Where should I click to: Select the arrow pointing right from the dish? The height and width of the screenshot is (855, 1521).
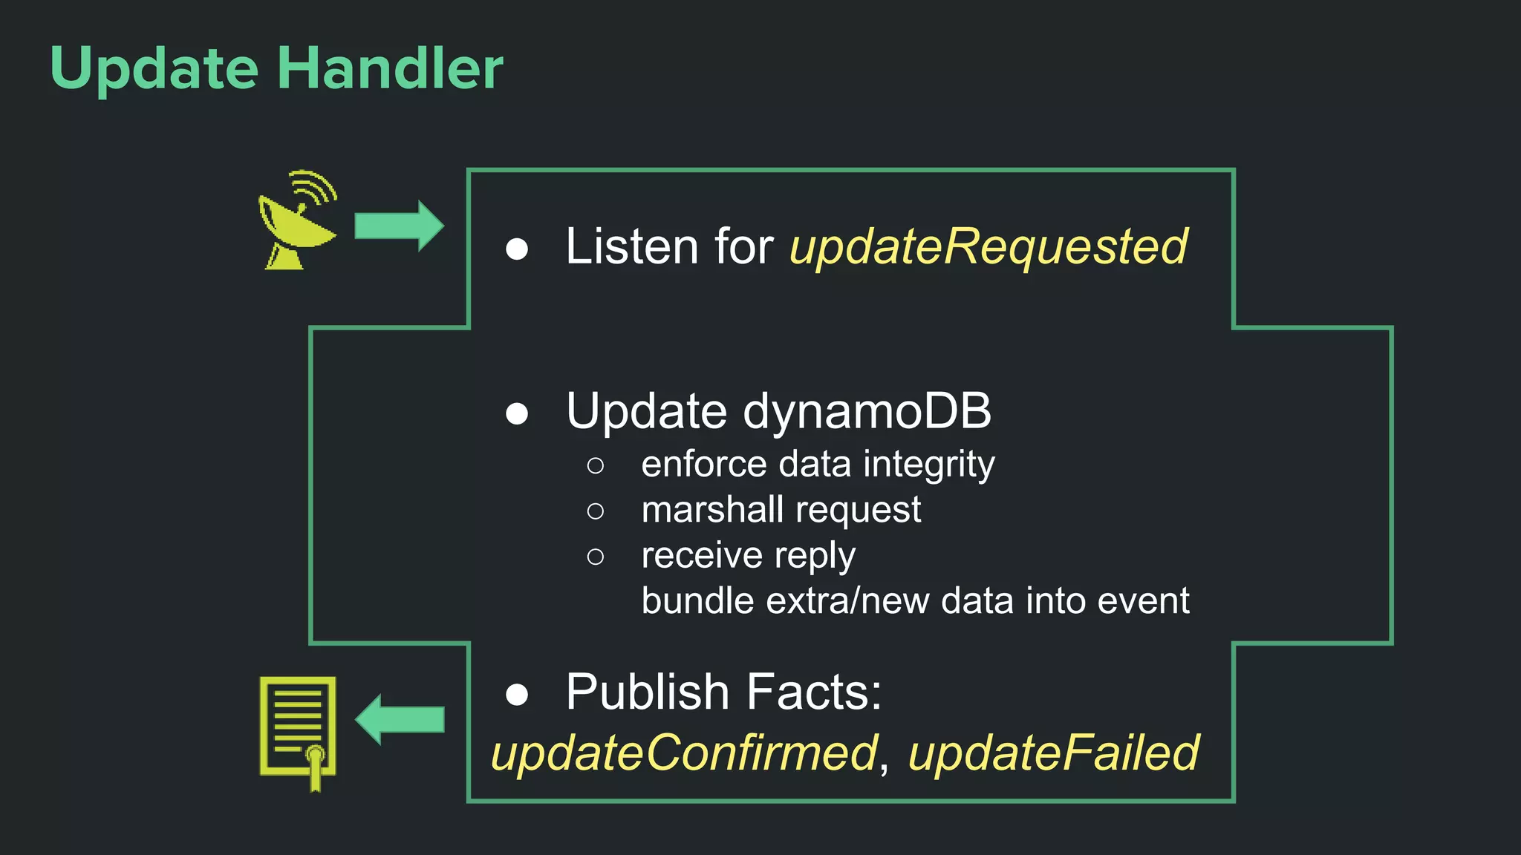399,226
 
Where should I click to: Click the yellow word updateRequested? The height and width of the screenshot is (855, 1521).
989,247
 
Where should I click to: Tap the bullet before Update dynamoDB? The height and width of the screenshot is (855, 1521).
516,413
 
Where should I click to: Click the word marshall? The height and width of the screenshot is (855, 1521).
712,510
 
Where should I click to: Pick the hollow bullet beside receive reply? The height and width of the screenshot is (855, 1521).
595,557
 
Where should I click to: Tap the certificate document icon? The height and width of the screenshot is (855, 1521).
299,731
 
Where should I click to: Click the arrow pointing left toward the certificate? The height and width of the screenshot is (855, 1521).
400,719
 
